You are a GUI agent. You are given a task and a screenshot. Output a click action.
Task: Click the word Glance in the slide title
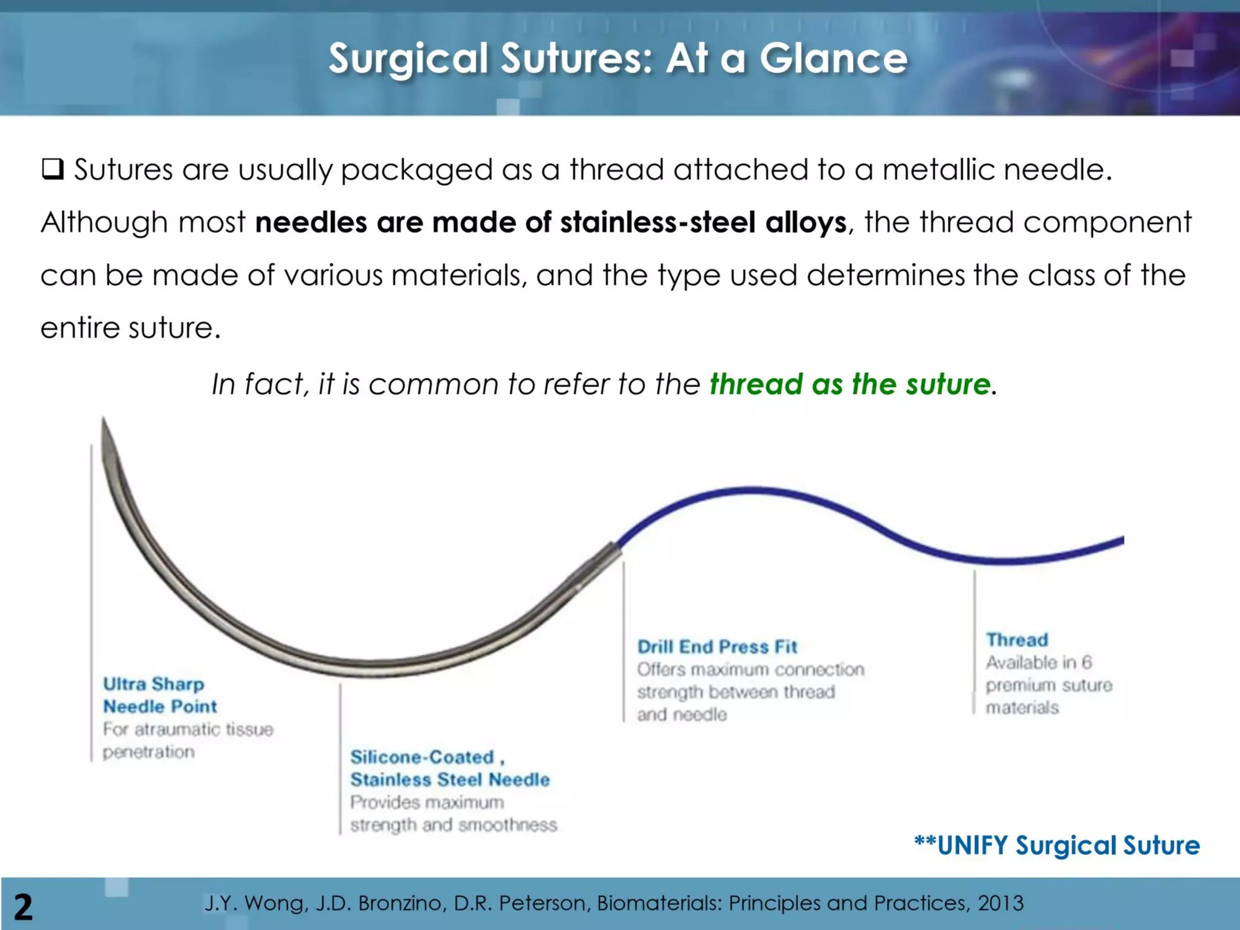click(x=834, y=59)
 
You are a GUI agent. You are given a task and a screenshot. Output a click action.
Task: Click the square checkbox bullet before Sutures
click(x=53, y=169)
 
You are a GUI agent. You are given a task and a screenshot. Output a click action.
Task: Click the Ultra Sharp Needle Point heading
click(x=159, y=695)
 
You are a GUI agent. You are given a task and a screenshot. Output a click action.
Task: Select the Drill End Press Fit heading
click(x=717, y=647)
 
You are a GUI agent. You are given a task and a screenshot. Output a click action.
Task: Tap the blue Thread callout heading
click(x=1017, y=640)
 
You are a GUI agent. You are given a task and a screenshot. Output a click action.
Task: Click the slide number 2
click(x=23, y=907)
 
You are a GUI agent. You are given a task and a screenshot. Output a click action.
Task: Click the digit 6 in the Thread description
click(x=1087, y=662)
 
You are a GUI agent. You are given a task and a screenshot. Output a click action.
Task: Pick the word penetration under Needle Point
click(x=149, y=752)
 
